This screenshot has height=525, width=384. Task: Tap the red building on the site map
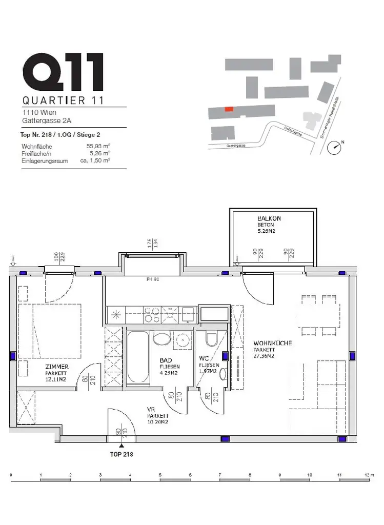(229, 109)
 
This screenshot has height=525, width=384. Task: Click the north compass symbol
(336, 146)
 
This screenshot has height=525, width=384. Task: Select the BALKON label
(269, 218)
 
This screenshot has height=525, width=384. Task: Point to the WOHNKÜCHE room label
(273, 343)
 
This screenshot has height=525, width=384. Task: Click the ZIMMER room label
(56, 367)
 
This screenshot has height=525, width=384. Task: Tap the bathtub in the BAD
(138, 357)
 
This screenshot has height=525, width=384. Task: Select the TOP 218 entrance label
(122, 454)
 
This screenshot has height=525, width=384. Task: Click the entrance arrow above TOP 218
(122, 447)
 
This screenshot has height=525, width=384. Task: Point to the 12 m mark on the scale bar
(367, 475)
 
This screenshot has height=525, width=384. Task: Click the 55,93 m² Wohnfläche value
(99, 146)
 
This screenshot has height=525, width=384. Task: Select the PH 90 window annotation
(153, 279)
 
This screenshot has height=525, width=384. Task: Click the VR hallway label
(151, 409)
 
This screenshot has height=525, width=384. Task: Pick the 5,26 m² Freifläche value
(100, 153)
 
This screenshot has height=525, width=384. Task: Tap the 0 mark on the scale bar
(11, 475)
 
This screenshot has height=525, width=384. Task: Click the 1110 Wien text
(39, 112)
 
